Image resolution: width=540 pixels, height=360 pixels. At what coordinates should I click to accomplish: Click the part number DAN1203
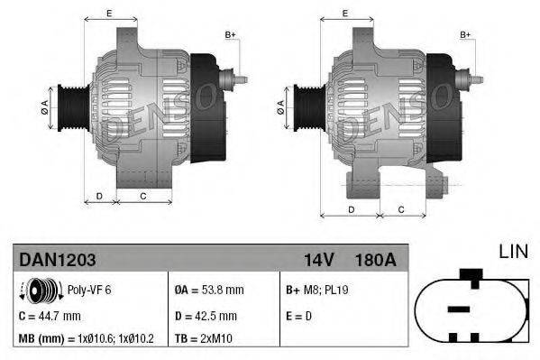[x=58, y=260]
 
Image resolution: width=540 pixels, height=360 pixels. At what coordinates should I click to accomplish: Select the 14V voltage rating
[x=318, y=260]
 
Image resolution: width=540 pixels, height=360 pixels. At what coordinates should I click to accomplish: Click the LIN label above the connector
[x=514, y=252]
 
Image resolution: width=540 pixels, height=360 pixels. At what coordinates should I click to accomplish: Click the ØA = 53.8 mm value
[x=209, y=291]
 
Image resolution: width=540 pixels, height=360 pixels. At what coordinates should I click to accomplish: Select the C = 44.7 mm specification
[x=50, y=316]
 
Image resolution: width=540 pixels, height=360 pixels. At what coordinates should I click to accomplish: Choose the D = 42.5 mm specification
[x=206, y=316]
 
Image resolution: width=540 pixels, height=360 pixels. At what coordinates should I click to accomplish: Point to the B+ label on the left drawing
[x=230, y=34]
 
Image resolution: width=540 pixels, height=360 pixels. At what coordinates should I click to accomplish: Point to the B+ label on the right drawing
[x=466, y=34]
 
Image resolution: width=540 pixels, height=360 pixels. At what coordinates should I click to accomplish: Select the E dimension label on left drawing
[x=109, y=13]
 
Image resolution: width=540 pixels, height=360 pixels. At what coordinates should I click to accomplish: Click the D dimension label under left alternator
[x=99, y=195]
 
